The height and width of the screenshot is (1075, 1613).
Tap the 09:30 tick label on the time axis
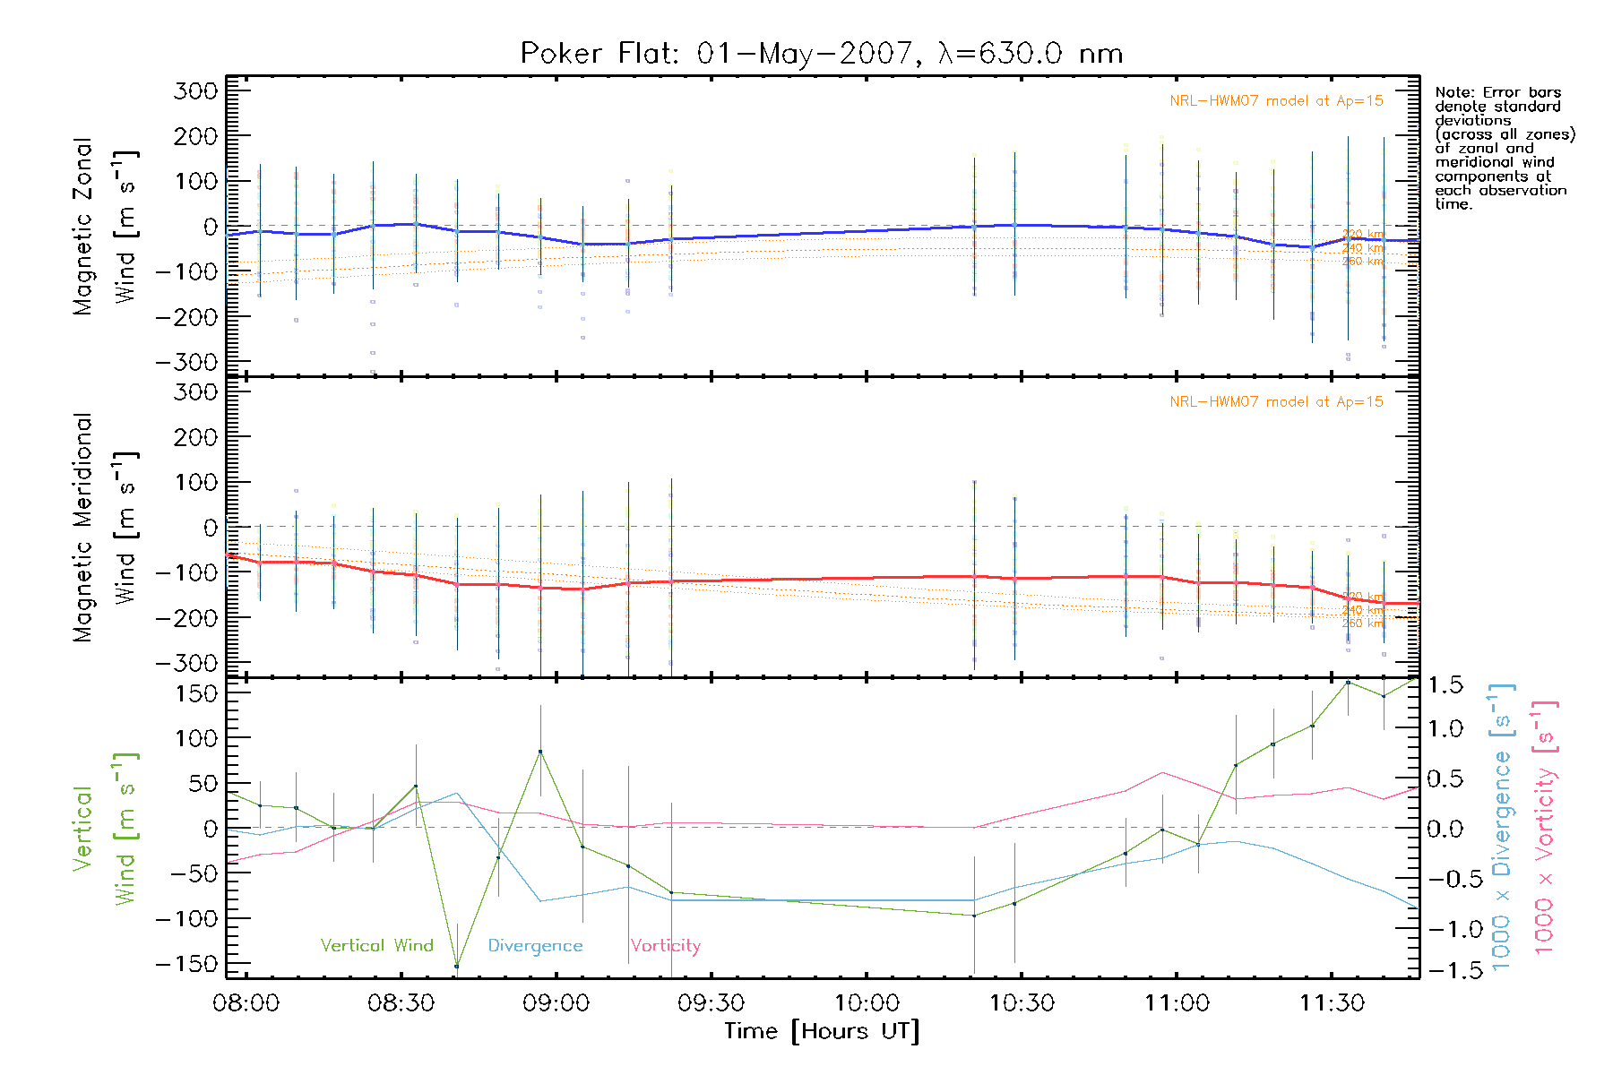click(x=712, y=1002)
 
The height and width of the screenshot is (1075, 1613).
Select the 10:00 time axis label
click(x=867, y=1002)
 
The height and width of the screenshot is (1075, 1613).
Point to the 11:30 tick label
click(x=1332, y=1002)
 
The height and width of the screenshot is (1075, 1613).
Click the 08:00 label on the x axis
click(x=246, y=1002)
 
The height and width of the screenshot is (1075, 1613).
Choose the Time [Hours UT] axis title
click(x=822, y=1031)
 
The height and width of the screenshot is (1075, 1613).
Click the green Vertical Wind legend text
click(x=376, y=945)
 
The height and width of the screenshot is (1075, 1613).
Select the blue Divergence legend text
click(x=535, y=945)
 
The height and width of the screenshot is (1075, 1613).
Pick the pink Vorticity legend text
click(x=665, y=945)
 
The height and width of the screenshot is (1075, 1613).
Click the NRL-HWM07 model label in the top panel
click(x=1276, y=101)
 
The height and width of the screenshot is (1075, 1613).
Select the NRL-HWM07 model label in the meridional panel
click(x=1276, y=402)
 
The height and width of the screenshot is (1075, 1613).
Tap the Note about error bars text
click(x=1504, y=148)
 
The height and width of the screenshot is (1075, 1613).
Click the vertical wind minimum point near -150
click(x=456, y=966)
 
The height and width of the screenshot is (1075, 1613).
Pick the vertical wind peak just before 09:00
click(x=540, y=752)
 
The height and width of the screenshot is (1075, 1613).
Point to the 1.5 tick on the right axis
click(x=1445, y=685)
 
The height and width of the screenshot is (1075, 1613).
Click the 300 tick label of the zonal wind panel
click(x=195, y=91)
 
